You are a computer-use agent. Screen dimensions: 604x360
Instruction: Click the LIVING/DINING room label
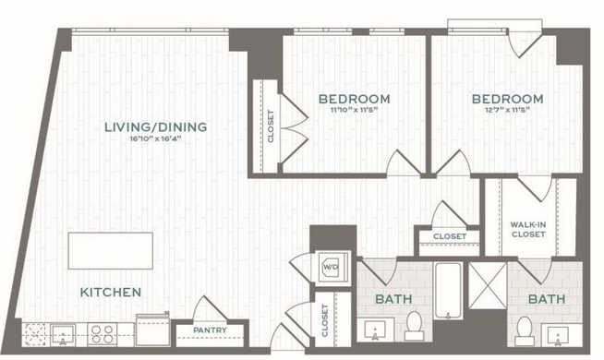(x=156, y=126)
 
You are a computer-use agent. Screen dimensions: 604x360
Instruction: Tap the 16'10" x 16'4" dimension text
(x=156, y=138)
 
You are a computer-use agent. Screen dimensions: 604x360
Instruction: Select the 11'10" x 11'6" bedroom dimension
(x=354, y=110)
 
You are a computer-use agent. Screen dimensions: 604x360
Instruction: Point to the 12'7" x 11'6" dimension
(x=507, y=110)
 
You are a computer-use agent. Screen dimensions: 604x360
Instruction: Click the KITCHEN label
(x=111, y=292)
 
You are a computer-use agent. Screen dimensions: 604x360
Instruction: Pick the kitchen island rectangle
(x=111, y=251)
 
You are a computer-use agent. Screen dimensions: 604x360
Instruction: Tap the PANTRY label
(x=210, y=330)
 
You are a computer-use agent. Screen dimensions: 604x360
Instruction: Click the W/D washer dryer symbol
(x=332, y=267)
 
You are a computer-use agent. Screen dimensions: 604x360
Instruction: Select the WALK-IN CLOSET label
(x=528, y=230)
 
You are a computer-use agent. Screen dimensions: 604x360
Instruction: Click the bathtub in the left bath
(x=448, y=291)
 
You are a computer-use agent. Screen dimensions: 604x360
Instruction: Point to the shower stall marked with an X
(x=488, y=285)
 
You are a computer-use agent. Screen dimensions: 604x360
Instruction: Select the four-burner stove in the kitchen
(x=103, y=334)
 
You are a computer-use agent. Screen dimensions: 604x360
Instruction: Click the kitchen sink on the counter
(x=63, y=334)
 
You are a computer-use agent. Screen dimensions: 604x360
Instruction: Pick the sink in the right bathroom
(x=558, y=334)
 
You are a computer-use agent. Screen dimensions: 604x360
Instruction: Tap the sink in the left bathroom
(x=375, y=330)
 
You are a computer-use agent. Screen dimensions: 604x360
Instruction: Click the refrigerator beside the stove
(x=153, y=330)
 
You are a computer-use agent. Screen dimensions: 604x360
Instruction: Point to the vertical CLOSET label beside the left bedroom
(x=271, y=126)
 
